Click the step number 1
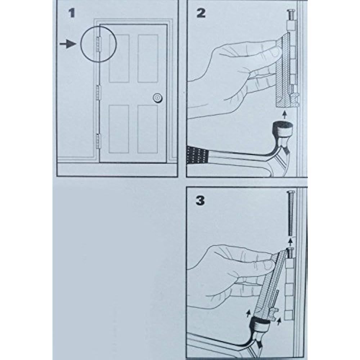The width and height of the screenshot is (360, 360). click(x=72, y=14)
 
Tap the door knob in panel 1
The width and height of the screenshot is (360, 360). click(x=157, y=97)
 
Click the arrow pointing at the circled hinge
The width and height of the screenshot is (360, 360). click(x=68, y=44)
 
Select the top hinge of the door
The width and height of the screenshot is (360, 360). click(x=98, y=44)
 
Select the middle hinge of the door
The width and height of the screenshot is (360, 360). click(x=98, y=93)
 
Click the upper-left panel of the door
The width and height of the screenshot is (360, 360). click(x=119, y=58)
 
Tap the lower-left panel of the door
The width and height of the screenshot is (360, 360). click(x=119, y=129)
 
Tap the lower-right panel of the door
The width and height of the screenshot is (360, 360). click(x=148, y=129)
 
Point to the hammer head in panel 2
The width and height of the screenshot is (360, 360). click(x=283, y=130)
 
